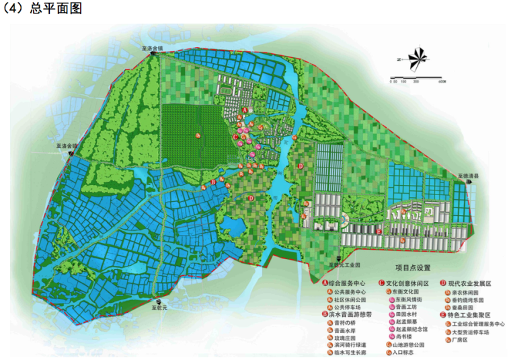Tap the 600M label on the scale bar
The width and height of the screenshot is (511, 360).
tap(441, 82)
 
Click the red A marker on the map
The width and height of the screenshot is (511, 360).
tap(245, 109)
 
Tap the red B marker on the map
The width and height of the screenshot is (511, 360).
tap(212, 182)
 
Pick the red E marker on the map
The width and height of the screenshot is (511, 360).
tap(381, 231)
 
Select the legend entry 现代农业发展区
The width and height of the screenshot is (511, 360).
tap(471, 283)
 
